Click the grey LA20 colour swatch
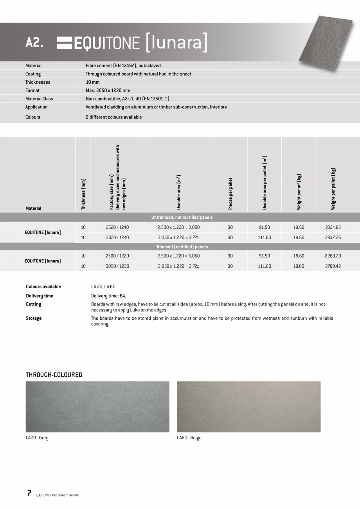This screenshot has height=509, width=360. (x=97, y=406)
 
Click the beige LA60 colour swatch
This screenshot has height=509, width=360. (x=248, y=406)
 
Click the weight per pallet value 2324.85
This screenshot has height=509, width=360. (x=333, y=227)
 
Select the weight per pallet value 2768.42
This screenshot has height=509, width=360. (x=333, y=266)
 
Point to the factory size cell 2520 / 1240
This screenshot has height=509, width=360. (x=117, y=227)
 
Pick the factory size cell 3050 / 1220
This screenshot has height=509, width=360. (x=117, y=266)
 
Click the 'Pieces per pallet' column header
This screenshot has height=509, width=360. (x=230, y=194)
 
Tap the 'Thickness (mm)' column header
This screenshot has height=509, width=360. (x=83, y=194)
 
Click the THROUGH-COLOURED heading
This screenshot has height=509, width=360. (x=54, y=375)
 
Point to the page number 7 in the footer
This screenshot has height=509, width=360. (x=29, y=493)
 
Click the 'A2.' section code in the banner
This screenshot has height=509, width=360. (x=34, y=43)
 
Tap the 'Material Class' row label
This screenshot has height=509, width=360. (x=39, y=99)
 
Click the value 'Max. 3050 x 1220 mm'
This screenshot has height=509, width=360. (x=108, y=90)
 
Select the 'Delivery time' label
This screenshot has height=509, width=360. (x=40, y=296)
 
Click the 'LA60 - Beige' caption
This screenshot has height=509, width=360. (x=189, y=438)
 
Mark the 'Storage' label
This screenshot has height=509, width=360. (x=34, y=318)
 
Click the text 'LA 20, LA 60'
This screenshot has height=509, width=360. (x=103, y=287)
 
